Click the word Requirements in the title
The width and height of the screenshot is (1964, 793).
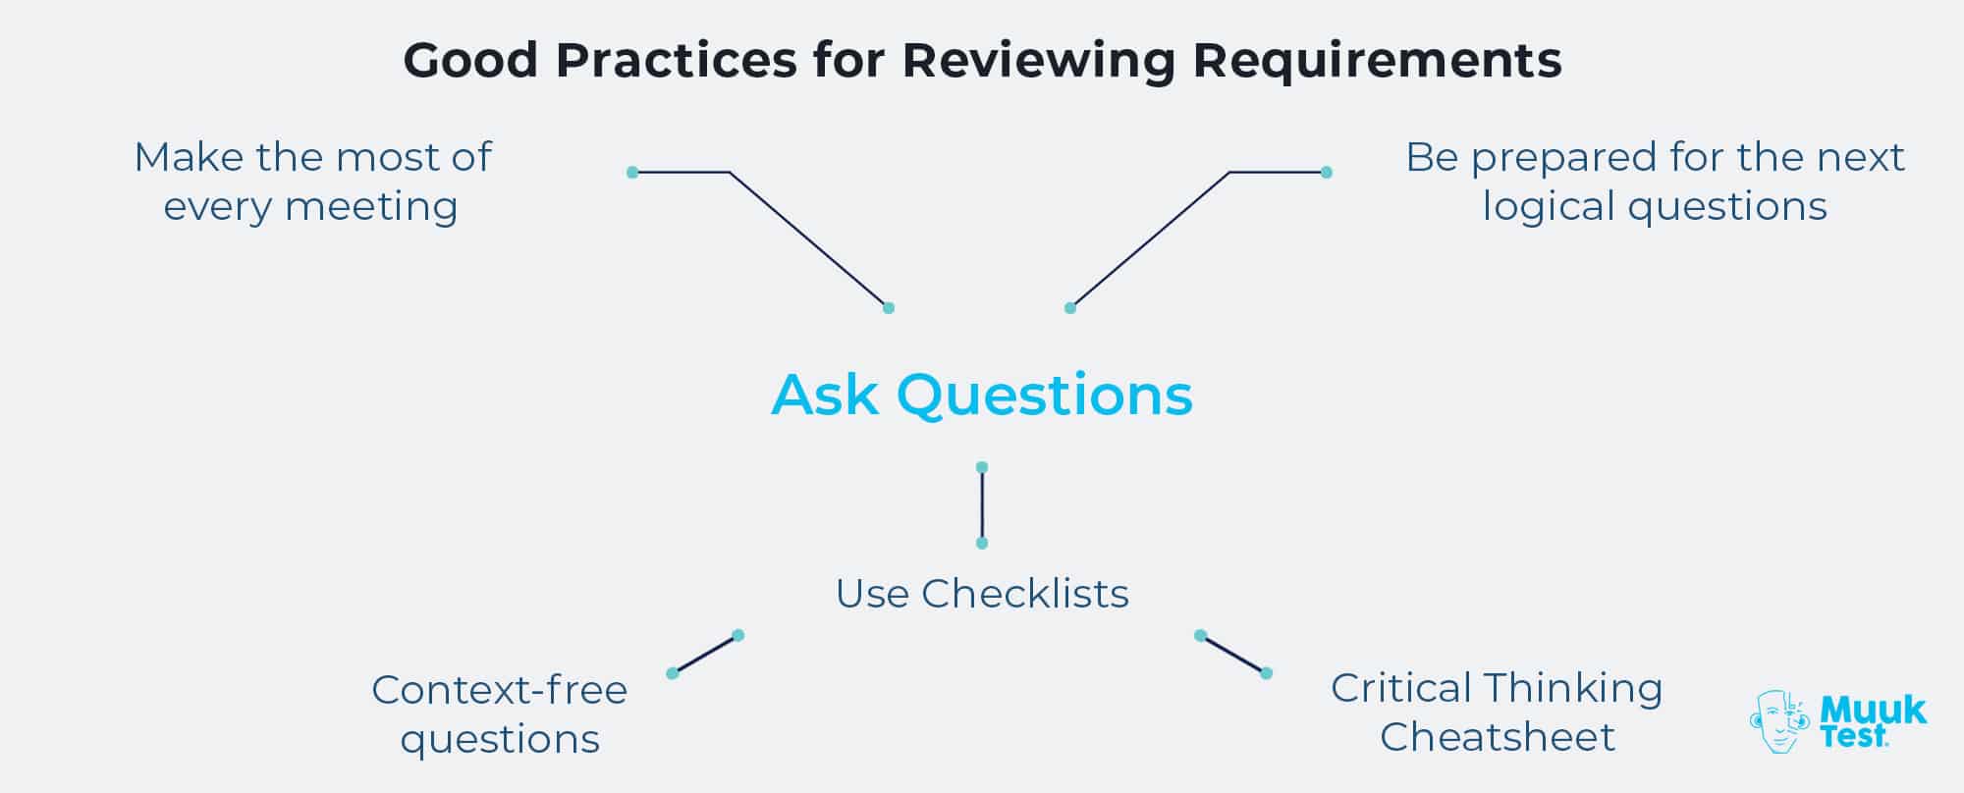pos(1377,61)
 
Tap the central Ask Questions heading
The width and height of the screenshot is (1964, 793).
pos(982,395)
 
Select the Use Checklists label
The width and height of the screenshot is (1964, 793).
pos(982,594)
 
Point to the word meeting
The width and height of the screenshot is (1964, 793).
pos(371,207)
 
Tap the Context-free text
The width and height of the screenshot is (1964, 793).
pos(499,690)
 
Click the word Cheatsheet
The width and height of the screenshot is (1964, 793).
pos(1497,737)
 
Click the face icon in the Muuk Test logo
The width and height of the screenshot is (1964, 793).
pos(1778,721)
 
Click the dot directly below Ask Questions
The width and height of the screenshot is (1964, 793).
pos(982,467)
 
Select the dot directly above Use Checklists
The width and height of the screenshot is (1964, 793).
pos(982,543)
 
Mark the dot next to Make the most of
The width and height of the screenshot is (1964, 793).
pos(632,173)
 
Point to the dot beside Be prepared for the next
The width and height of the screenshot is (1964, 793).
pos(1327,173)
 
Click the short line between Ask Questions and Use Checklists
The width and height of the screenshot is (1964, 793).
pos(982,505)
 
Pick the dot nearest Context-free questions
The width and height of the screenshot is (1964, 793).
pos(673,673)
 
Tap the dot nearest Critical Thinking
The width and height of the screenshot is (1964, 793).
pos(1266,673)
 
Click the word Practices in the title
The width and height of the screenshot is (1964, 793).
pos(676,61)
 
